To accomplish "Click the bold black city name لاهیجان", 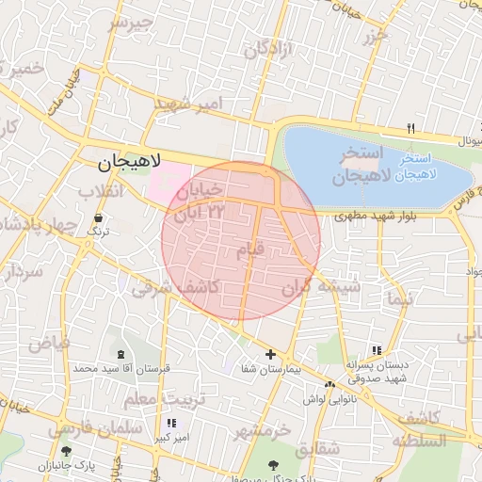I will click(x=131, y=162).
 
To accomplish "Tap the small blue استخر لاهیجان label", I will click(x=427, y=167).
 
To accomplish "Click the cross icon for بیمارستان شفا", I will click(x=271, y=355).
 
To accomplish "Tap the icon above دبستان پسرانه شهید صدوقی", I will click(x=378, y=350).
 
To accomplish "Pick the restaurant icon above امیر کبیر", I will click(x=171, y=424).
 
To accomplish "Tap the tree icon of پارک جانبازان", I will click(x=65, y=452).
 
